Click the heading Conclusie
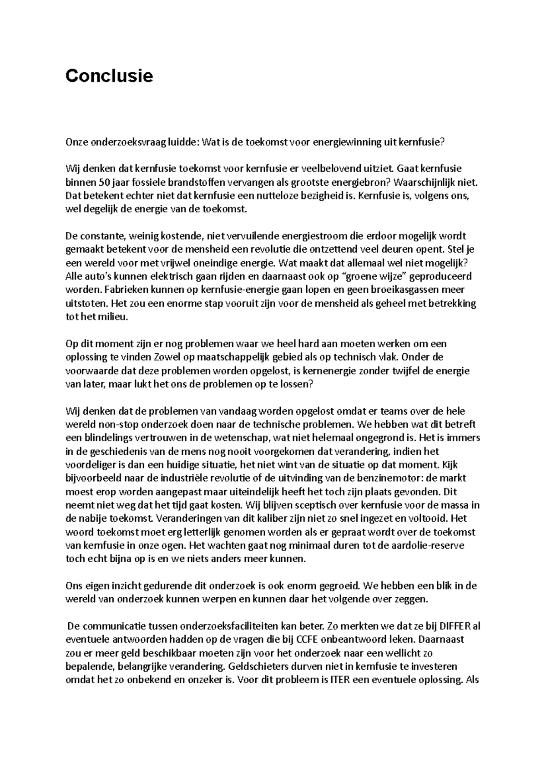(109, 76)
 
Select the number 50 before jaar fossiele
(103, 183)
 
